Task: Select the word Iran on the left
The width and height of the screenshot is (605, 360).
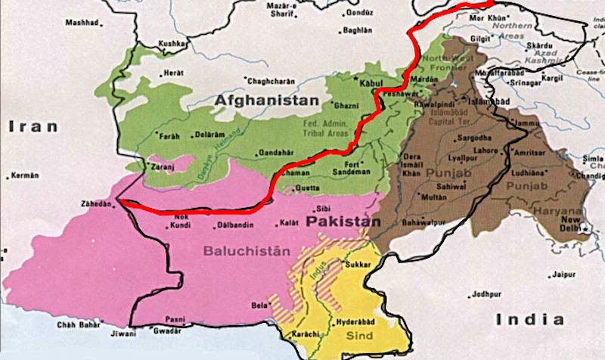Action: point(33,127)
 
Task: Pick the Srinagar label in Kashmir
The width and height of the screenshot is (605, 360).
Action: point(514,83)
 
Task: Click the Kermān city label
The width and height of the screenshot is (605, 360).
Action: point(24,175)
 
